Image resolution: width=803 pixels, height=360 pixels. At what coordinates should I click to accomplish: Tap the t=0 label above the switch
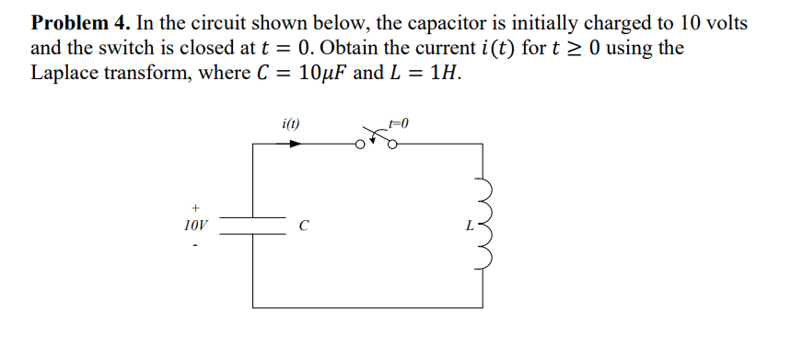[x=398, y=122]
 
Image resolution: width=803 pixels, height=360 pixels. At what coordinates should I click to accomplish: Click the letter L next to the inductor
[x=469, y=225]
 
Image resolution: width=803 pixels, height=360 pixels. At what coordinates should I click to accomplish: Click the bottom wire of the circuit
[x=368, y=308]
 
